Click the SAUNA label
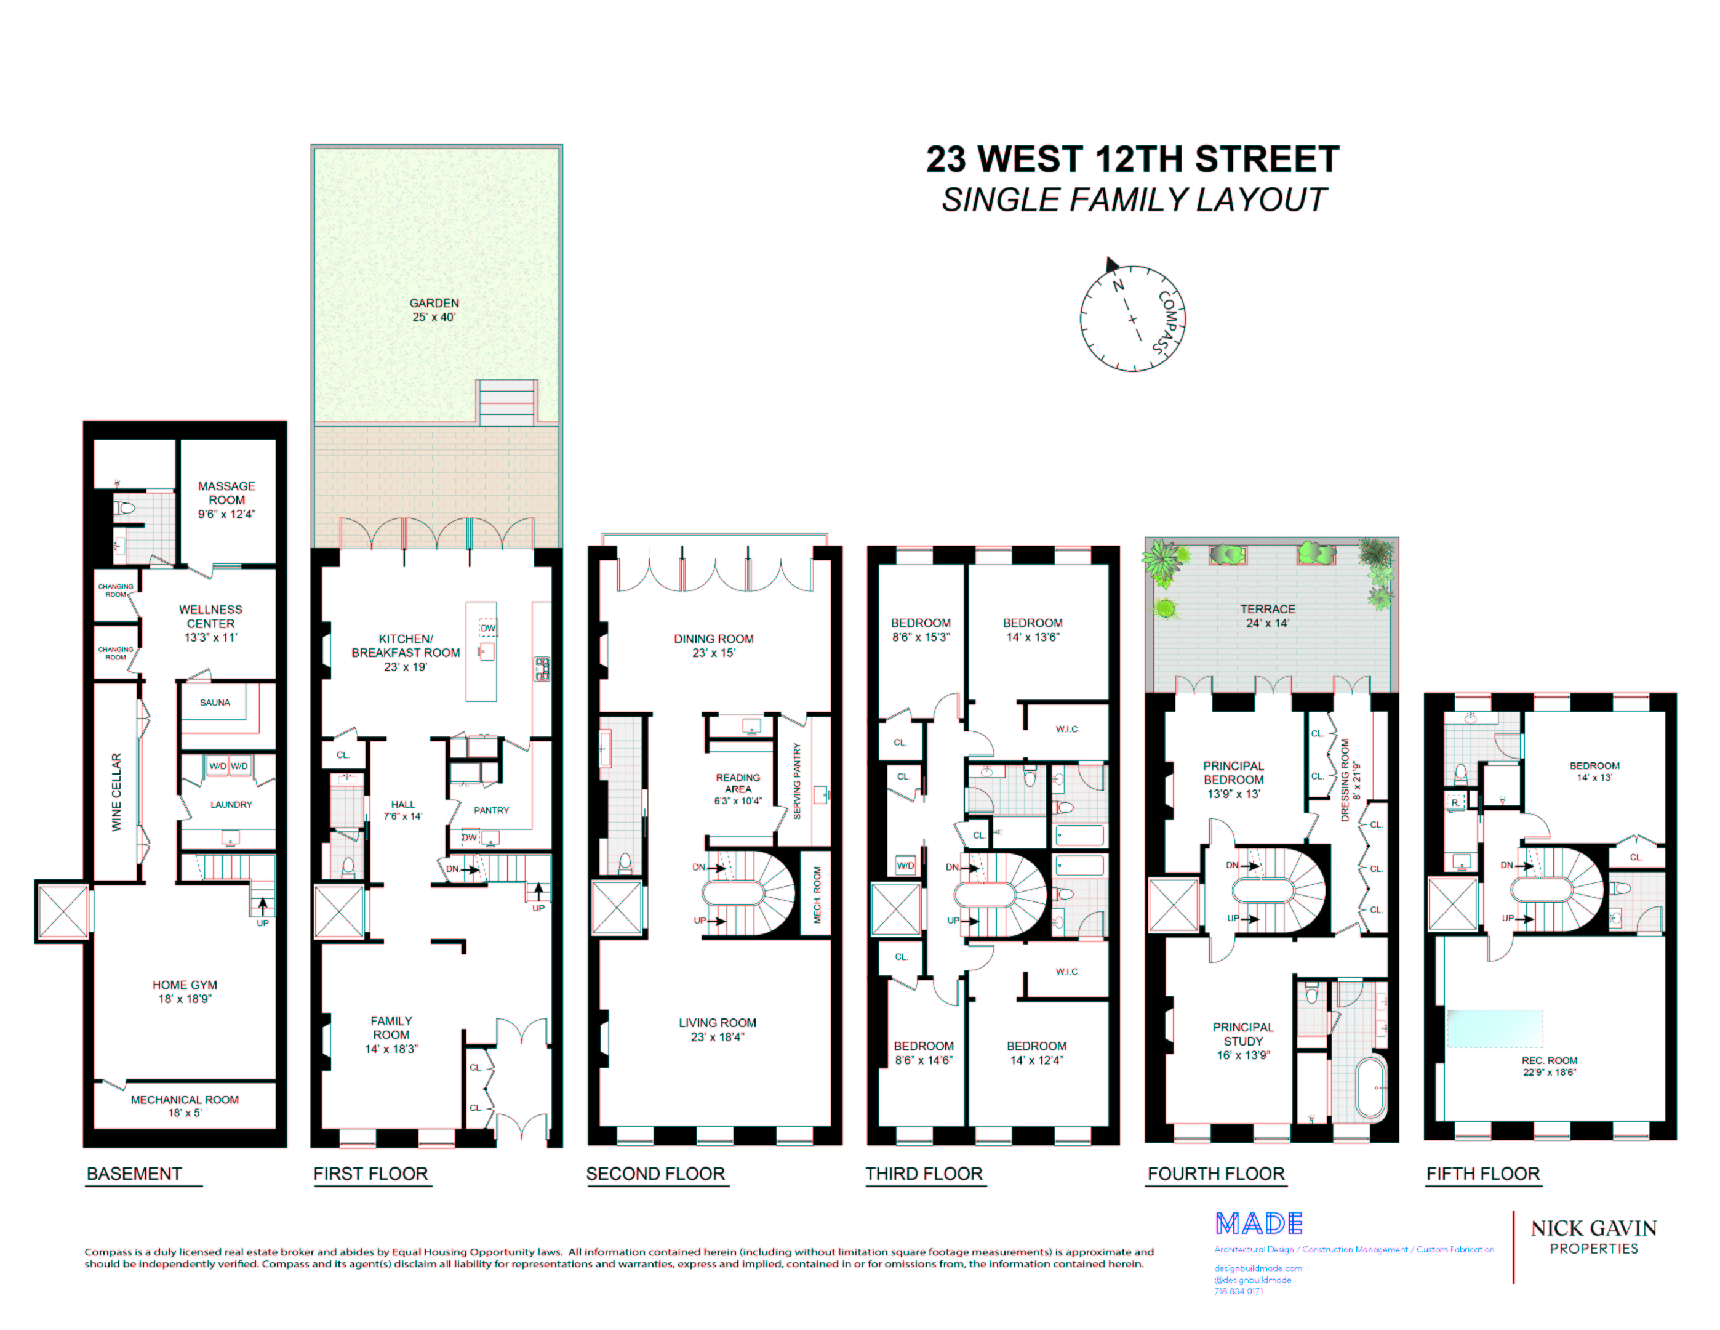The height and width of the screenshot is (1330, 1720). pos(215,702)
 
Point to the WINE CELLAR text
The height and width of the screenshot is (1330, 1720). pos(116,792)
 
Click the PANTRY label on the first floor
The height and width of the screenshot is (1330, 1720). pos(492,810)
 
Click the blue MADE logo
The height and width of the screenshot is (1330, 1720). pos(1258,1223)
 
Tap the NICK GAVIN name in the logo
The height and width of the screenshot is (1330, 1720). pos(1593,1228)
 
